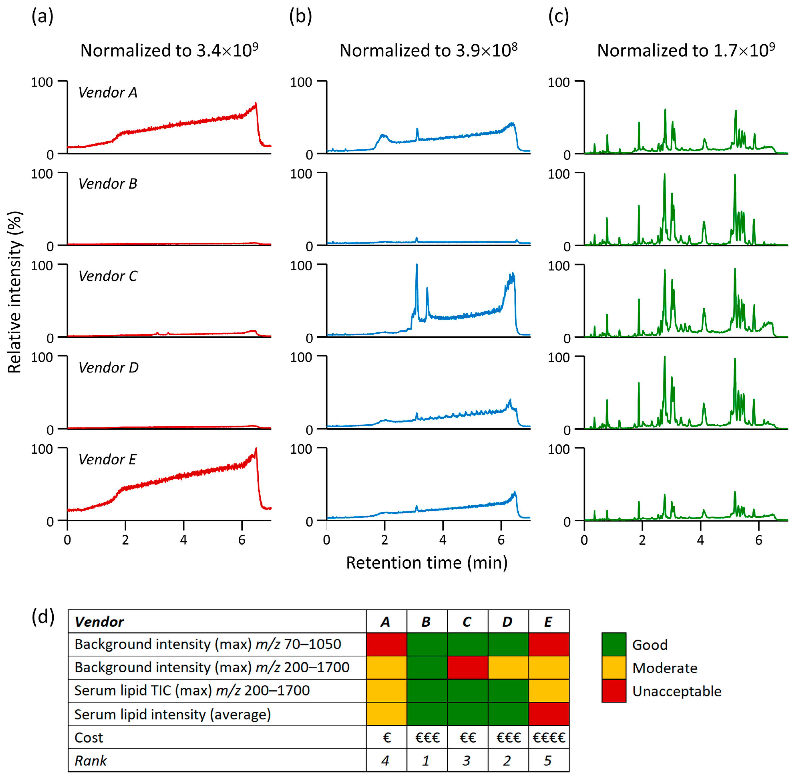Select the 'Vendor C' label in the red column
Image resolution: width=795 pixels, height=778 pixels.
[108, 276]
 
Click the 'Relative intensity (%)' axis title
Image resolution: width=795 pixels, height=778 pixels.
[15, 292]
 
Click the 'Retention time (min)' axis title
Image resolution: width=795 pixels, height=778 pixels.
[427, 563]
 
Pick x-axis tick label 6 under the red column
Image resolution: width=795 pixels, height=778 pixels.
[242, 540]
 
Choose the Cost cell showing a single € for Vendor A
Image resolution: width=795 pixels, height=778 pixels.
[386, 738]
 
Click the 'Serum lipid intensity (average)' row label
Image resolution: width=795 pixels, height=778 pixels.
[172, 714]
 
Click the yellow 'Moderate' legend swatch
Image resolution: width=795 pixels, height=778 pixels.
[613, 668]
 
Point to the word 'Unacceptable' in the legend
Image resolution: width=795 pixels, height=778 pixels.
[676, 691]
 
